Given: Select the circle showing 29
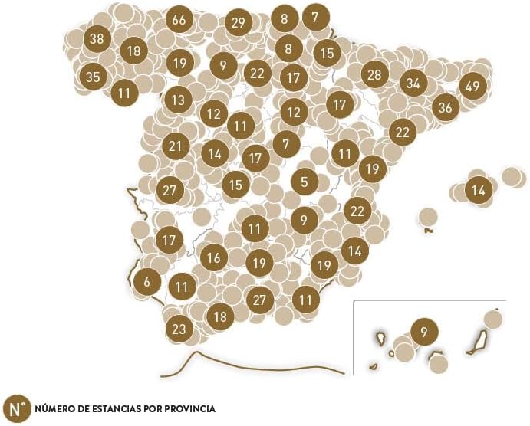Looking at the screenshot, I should (x=238, y=23).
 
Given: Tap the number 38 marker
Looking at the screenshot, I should (x=97, y=38).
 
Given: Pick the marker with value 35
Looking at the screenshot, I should (x=93, y=77).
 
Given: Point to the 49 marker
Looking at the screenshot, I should (x=472, y=86).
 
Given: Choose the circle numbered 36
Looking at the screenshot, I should (x=445, y=107).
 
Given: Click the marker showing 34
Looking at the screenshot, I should (x=413, y=83).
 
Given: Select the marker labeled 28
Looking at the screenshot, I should (x=374, y=75).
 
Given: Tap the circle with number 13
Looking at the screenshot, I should (x=178, y=100).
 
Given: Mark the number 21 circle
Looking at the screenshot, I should (x=176, y=146).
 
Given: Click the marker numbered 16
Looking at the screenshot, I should (x=214, y=257).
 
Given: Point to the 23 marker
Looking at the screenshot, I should (x=179, y=329).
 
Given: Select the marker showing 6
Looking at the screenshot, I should (x=146, y=282).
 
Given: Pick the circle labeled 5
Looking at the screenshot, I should (x=305, y=182).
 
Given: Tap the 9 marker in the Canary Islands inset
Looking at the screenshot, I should (x=424, y=333).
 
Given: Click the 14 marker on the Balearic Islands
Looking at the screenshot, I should (x=479, y=190).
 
